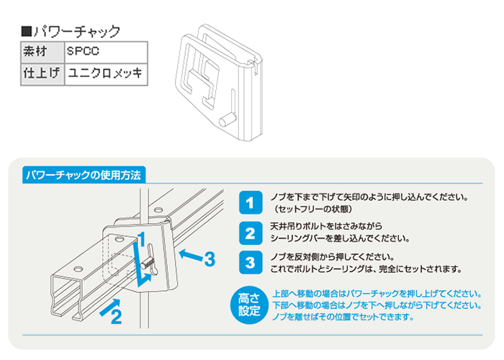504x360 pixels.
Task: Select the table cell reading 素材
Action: pos(40,52)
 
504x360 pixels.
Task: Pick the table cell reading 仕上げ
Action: pos(40,73)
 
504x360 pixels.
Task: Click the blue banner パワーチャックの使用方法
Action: pos(85,175)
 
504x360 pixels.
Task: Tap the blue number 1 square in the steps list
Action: pos(249,202)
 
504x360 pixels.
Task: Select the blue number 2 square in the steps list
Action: pos(249,233)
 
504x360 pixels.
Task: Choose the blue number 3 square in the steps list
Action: pos(249,263)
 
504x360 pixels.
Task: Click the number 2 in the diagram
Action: pos(115,318)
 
